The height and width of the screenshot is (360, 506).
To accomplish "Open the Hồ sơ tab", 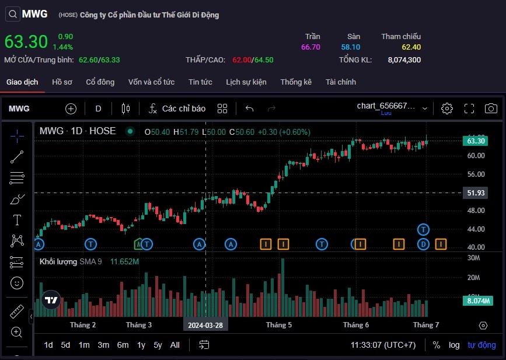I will pyautogui.click(x=62, y=82).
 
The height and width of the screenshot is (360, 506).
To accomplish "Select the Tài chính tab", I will pyautogui.click(x=341, y=82).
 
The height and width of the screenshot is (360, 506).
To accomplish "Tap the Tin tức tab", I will pyautogui.click(x=200, y=82).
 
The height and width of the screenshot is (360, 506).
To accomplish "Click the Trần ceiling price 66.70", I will pyautogui.click(x=310, y=47).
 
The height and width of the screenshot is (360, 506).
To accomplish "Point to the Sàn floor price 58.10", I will pyautogui.click(x=351, y=47).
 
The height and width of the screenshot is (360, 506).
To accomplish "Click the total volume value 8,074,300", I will pyautogui.click(x=404, y=60).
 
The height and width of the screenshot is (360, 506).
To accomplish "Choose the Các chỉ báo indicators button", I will pyautogui.click(x=177, y=109).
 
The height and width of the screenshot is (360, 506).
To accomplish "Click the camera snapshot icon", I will pyautogui.click(x=491, y=109).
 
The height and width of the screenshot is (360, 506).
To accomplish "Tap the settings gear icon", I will pyautogui.click(x=447, y=109).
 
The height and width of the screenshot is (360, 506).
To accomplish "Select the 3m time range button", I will pyautogui.click(x=103, y=345).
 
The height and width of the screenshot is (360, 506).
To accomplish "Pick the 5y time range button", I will pyautogui.click(x=158, y=345).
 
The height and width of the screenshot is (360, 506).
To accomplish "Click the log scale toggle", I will pyautogui.click(x=454, y=345).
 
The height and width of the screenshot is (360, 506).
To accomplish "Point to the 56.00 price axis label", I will pyautogui.click(x=476, y=174).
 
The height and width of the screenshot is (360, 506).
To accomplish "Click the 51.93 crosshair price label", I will pyautogui.click(x=476, y=193).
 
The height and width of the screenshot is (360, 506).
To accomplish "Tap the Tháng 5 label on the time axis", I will pyautogui.click(x=279, y=325).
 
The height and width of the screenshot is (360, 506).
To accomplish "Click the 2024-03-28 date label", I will pyautogui.click(x=205, y=325).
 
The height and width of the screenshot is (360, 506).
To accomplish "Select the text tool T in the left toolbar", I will pyautogui.click(x=17, y=220).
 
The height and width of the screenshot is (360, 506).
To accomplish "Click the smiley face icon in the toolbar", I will pyautogui.click(x=17, y=283).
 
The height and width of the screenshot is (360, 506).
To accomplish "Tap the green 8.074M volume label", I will pyautogui.click(x=476, y=301).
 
